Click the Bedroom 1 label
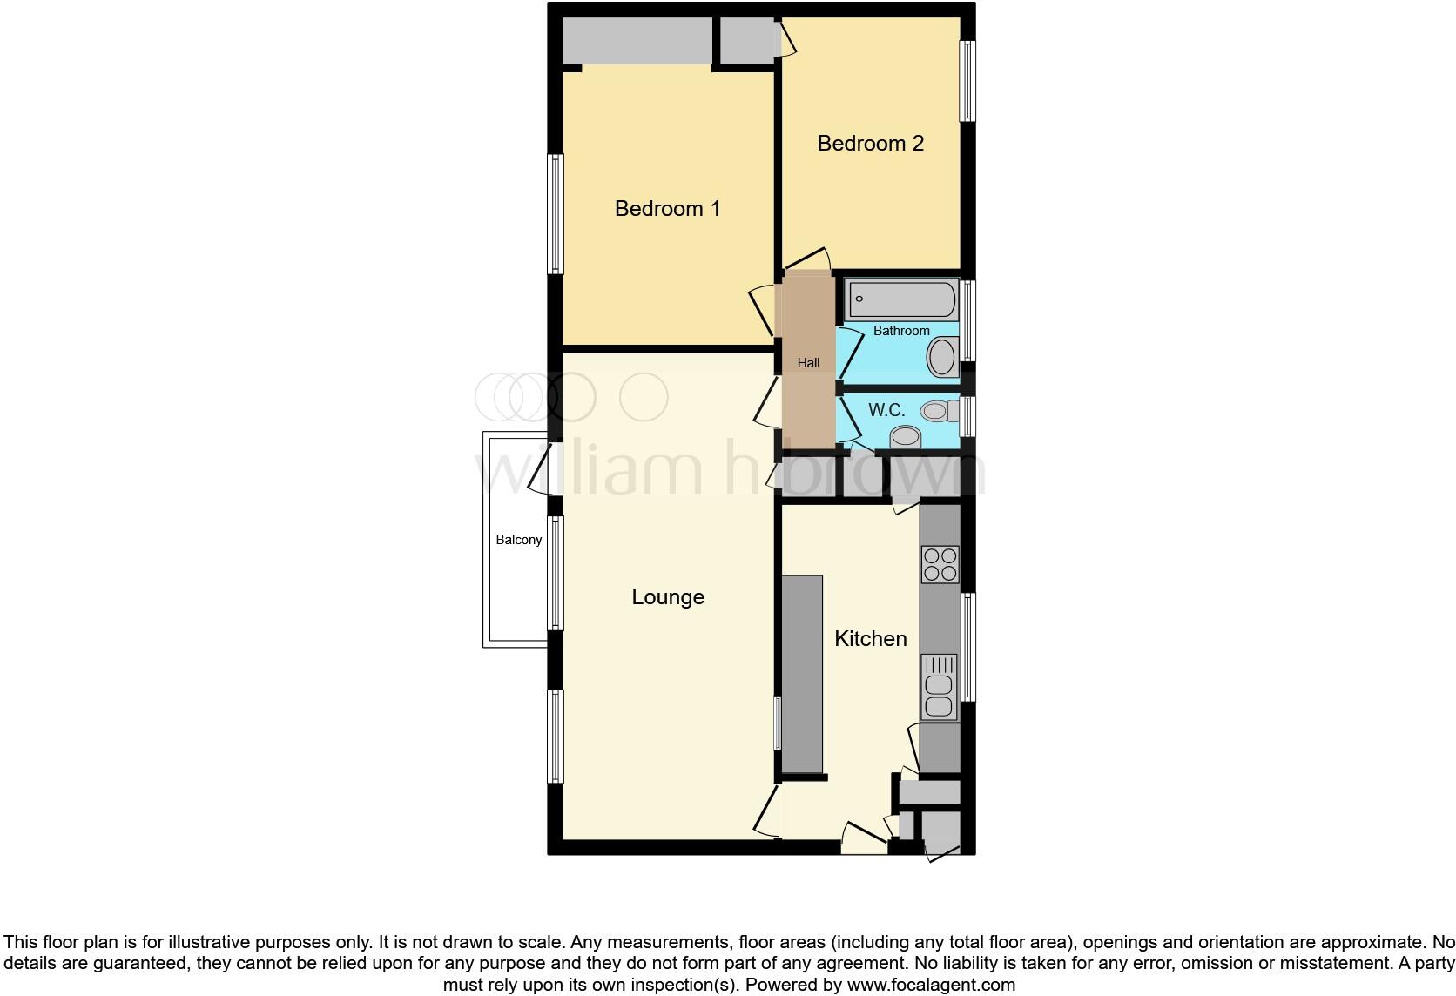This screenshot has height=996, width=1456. pyautogui.click(x=667, y=209)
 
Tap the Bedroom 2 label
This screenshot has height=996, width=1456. pyautogui.click(x=870, y=144)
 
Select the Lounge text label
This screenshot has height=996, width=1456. pyautogui.click(x=668, y=597)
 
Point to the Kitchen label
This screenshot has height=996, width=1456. pyautogui.click(x=870, y=639)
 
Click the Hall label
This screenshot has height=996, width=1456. pyautogui.click(x=808, y=363)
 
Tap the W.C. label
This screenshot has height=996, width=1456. pyautogui.click(x=886, y=410)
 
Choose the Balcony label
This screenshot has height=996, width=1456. pyautogui.click(x=519, y=540)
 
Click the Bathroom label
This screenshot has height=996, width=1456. pyautogui.click(x=901, y=331)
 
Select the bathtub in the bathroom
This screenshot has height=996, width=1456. pyautogui.click(x=901, y=299)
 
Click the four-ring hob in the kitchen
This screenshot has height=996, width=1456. pyautogui.click(x=940, y=564)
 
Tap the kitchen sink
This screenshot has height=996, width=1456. pyautogui.click(x=939, y=687)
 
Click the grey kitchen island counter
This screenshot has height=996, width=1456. pyautogui.click(x=801, y=674)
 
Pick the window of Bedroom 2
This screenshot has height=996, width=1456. pyautogui.click(x=967, y=81)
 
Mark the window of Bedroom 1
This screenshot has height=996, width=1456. pyautogui.click(x=555, y=214)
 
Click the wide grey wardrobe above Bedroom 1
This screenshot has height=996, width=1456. pyautogui.click(x=637, y=40)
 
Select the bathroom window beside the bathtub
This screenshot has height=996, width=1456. pyautogui.click(x=967, y=320)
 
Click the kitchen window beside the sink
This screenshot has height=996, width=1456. pyautogui.click(x=967, y=646)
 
